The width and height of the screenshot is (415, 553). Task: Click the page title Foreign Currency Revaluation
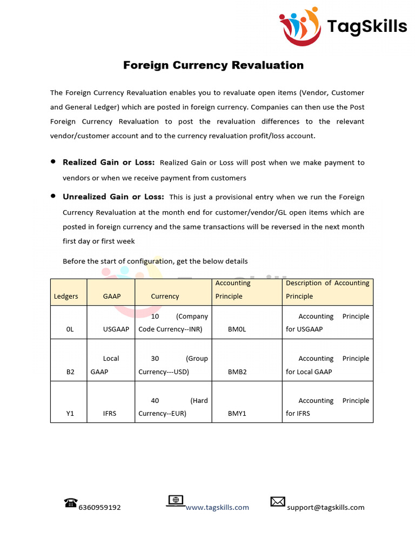[213, 65]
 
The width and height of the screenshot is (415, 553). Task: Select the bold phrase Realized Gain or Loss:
[109, 163]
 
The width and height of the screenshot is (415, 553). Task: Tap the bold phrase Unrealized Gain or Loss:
[113, 197]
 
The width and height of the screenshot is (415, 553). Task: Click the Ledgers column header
[66, 296]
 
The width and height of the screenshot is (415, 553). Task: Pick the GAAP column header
[111, 296]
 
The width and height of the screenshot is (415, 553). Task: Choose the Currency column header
[165, 296]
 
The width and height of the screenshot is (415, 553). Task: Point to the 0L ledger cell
[70, 329]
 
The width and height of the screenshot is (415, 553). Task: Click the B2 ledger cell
[70, 372]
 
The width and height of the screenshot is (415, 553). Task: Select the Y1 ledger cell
[70, 414]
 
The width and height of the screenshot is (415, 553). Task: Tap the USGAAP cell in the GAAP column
[116, 329]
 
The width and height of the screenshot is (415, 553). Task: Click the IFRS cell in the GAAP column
[110, 414]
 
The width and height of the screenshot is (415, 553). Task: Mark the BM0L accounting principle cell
[237, 329]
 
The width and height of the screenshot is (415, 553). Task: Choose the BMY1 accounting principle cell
[237, 414]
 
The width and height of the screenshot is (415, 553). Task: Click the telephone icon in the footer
[71, 503]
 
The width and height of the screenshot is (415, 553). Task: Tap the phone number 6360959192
[99, 508]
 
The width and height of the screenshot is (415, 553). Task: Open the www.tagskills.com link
[217, 508]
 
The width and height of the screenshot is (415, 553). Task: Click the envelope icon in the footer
[278, 502]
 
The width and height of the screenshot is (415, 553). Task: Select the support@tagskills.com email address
[326, 508]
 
